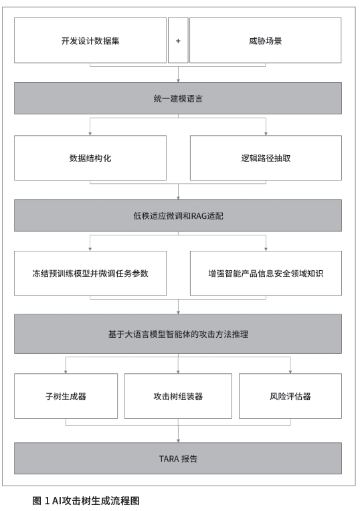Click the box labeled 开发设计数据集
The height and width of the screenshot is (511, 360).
(90, 40)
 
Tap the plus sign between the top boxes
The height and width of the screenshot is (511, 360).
(178, 41)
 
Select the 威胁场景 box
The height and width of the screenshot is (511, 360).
(266, 40)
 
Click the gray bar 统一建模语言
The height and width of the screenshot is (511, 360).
(178, 98)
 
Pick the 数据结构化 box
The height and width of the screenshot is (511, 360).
(90, 158)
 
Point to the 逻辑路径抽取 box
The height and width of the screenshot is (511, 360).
(266, 158)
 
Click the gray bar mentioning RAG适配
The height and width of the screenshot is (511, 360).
(178, 216)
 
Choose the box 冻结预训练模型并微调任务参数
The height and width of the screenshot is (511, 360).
(90, 273)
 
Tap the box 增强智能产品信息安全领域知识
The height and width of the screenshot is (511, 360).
(266, 273)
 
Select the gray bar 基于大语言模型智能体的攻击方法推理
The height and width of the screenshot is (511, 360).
(178, 334)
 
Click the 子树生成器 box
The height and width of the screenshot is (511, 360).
(66, 396)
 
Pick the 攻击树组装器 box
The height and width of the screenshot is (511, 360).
(178, 396)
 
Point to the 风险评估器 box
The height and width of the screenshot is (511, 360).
(290, 396)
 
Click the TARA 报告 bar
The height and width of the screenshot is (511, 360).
(178, 459)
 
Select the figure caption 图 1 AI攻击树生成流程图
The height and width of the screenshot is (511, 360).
(86, 500)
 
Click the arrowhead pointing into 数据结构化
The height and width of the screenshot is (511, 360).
(90, 134)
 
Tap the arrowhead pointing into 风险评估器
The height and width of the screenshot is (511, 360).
(290, 372)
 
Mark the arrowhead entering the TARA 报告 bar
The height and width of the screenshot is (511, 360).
(178, 441)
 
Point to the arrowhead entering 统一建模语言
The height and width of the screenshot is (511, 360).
(178, 81)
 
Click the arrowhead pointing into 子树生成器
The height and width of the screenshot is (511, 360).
(66, 372)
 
